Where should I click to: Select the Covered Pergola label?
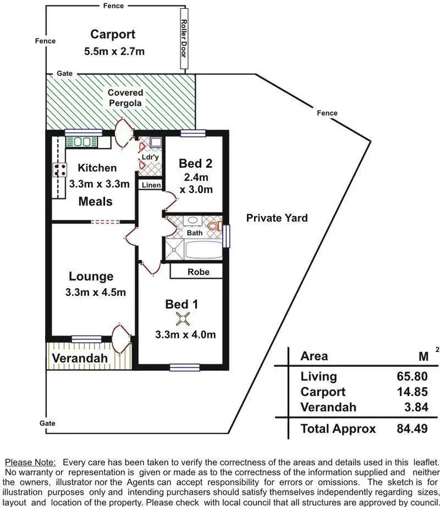(125, 98)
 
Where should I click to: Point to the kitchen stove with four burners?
(59, 171)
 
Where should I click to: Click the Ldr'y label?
(148, 157)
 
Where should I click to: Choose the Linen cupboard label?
(150, 185)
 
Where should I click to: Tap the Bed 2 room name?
(195, 164)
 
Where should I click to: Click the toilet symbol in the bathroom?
(214, 225)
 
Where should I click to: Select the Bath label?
(194, 233)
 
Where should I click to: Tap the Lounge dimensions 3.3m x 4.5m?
(96, 292)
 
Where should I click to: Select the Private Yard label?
(277, 218)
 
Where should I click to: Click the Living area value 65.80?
(413, 377)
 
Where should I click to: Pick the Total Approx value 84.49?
(413, 429)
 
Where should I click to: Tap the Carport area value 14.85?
(413, 392)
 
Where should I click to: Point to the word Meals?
(96, 201)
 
